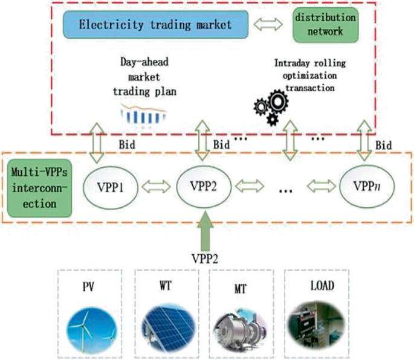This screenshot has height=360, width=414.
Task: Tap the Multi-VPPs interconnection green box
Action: pos(38,188)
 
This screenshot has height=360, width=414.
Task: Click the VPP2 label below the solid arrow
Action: pos(205,257)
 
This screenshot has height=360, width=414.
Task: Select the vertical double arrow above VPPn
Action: pos(364,140)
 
